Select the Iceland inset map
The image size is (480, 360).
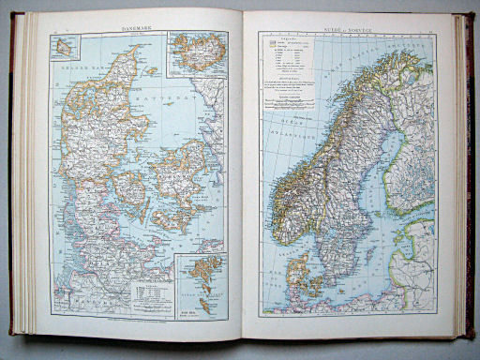194,55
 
